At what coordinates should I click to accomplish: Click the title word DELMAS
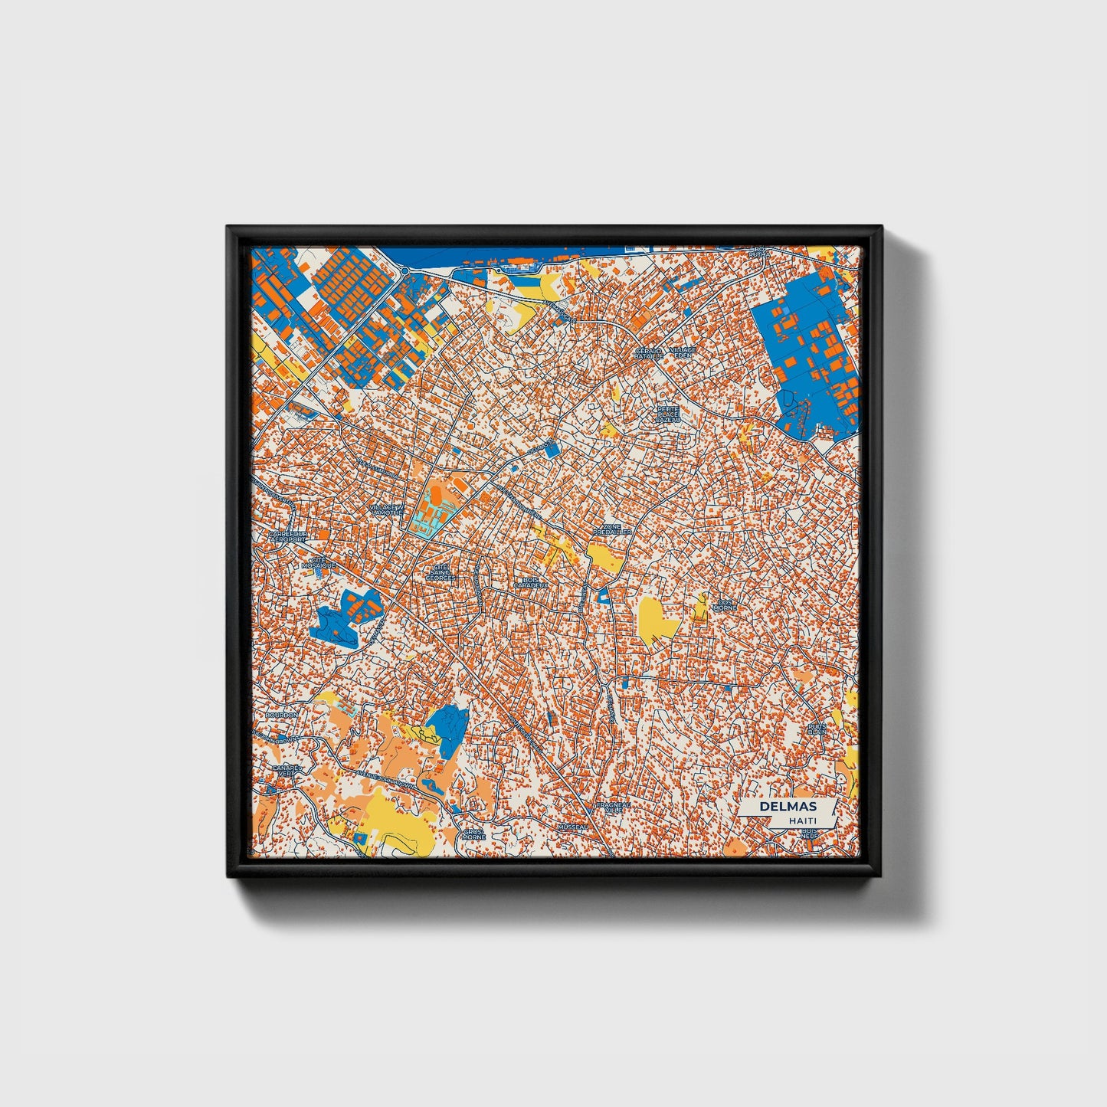[x=788, y=807]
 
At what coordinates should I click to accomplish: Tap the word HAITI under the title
[x=801, y=820]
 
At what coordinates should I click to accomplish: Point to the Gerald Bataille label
[x=647, y=353]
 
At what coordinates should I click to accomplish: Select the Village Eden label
[x=682, y=353]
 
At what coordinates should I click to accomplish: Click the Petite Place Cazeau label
[x=668, y=414]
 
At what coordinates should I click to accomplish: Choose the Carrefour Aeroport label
[x=287, y=535]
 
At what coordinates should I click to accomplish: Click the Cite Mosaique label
[x=319, y=562]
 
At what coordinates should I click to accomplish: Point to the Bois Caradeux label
[x=530, y=582]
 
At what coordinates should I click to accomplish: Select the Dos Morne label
[x=724, y=604]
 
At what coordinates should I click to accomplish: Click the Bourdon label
[x=281, y=715]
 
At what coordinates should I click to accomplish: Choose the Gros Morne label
[x=474, y=834]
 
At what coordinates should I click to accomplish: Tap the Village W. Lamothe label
[x=385, y=510]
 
